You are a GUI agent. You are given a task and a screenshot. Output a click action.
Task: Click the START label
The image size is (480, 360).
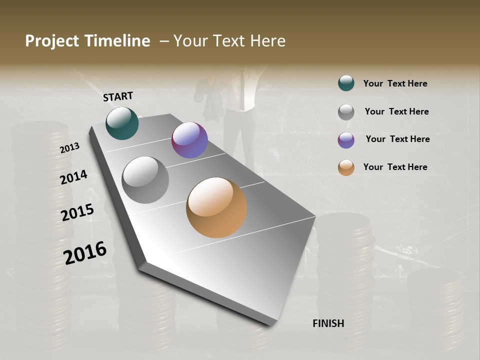pos(118,96)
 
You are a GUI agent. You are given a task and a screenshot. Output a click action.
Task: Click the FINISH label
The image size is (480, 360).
pos(328,323)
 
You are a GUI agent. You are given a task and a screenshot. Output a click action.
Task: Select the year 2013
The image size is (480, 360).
pos(69,147)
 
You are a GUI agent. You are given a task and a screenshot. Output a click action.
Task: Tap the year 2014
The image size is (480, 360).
pos(73,177)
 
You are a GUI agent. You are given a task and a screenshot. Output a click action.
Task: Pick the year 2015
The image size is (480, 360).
pos(77,212)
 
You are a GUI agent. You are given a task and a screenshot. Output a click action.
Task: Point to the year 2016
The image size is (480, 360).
pos(85,252)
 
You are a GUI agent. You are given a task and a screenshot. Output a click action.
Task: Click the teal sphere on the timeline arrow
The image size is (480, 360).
pos(122,123)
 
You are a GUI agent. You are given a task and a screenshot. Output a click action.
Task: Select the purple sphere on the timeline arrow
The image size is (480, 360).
pos(189,140)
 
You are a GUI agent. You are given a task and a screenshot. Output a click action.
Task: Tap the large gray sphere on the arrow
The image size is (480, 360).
pos(145,179)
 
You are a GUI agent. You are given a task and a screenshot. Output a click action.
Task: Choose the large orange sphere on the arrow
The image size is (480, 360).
pos(216,207)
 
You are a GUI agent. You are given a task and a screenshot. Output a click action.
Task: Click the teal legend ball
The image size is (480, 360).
pos(346,83)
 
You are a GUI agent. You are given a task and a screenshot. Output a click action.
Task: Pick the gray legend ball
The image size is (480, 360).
pos(346,111)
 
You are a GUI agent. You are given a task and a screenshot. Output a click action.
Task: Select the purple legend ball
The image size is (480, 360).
pos(346,139)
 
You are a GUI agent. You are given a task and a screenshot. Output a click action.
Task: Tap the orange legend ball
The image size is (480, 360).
pos(346,167)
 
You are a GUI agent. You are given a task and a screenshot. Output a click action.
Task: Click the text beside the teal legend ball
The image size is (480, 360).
pos(395,83)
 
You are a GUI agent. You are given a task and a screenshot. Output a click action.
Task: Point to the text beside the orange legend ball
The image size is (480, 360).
pos(395,167)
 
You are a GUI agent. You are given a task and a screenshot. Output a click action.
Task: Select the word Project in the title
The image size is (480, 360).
pos(52,41)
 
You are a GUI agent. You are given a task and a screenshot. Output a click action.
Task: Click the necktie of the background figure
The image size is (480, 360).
pos(242,90)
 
